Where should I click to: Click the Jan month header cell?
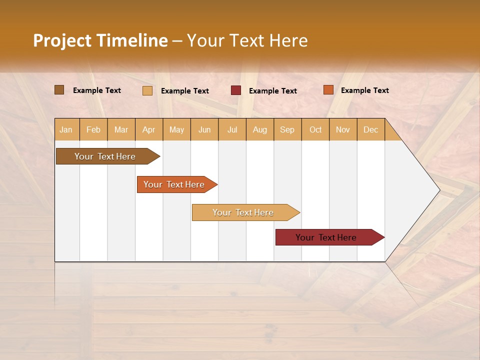point(66,129)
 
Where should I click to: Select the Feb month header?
point(93,129)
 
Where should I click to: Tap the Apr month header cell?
point(149,129)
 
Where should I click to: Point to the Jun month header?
point(204,129)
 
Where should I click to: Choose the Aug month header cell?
point(260,129)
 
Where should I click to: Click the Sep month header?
point(287,129)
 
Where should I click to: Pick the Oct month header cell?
point(315,129)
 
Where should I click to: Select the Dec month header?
point(371,129)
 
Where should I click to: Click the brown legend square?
point(59,90)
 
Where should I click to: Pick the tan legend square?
point(147,90)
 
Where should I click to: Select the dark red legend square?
point(236,90)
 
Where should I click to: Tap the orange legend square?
point(328,90)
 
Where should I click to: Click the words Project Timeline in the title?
point(100,40)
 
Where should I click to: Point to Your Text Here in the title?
point(247,40)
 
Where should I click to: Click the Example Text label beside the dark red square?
point(273,91)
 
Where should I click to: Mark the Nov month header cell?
point(343,129)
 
